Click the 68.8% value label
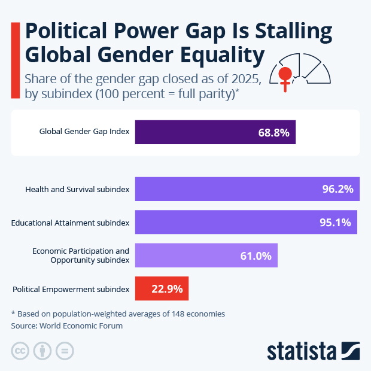coord(273,133)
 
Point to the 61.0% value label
coord(256,256)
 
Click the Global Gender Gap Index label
coord(84,132)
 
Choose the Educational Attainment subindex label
coord(70,223)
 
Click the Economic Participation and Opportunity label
coord(80,256)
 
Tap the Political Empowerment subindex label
coord(71,289)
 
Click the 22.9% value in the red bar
coord(167,288)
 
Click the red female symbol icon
coord(286,78)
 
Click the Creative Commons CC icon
coord(20,351)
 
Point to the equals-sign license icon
coord(65,351)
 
